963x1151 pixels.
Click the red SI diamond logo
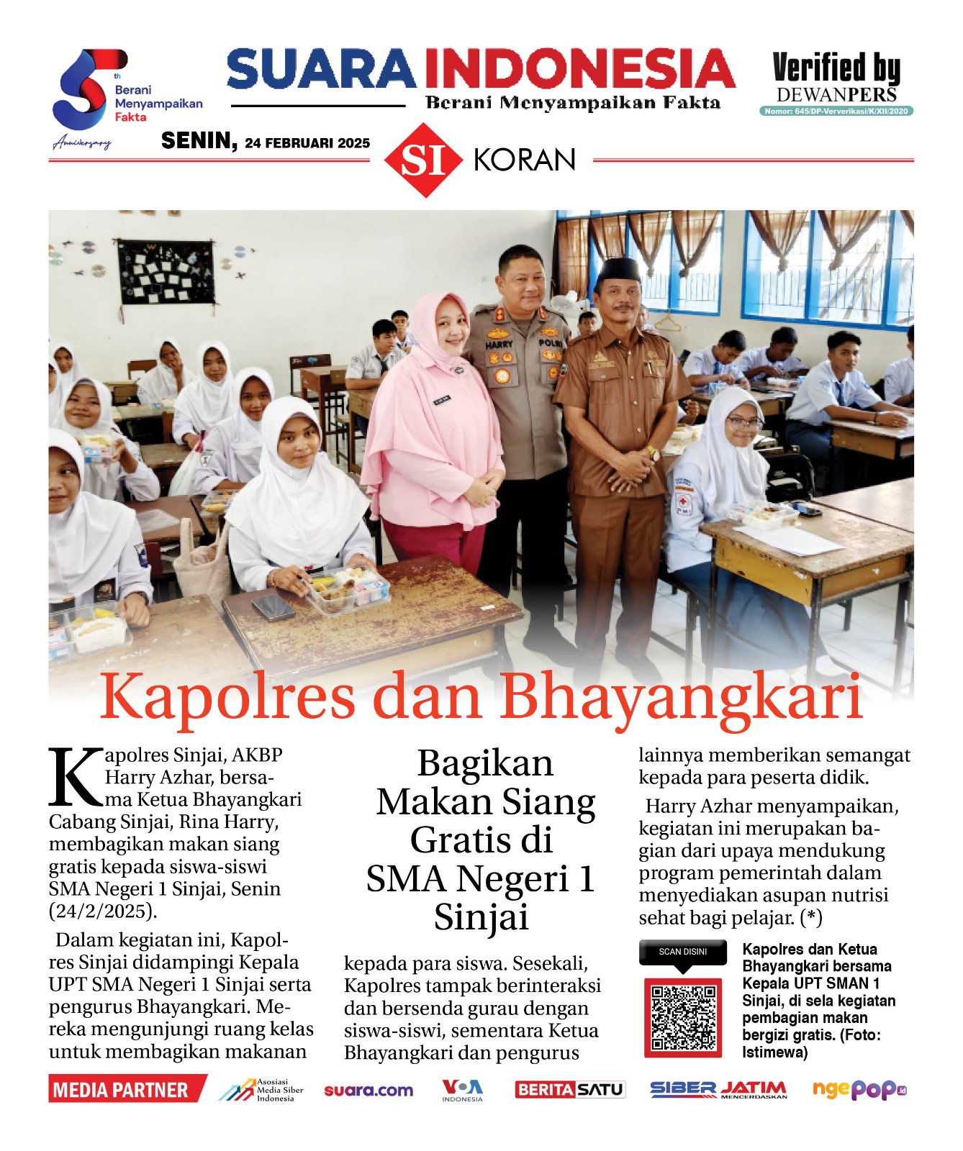click(423, 160)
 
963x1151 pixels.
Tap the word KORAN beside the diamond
click(525, 160)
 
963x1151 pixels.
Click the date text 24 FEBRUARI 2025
click(307, 143)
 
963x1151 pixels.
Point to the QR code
click(682, 1017)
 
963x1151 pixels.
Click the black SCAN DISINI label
click(682, 952)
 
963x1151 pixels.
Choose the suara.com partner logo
click(369, 1091)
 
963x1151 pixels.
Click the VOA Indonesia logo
click(462, 1090)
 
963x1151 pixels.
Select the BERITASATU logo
click(569, 1090)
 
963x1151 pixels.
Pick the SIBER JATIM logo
click(718, 1090)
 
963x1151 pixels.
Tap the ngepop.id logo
click(859, 1090)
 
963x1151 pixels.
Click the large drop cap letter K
click(75, 778)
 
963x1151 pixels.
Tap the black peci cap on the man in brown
click(619, 269)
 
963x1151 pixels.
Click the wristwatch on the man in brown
click(653, 453)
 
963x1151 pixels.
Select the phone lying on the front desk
click(273, 608)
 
